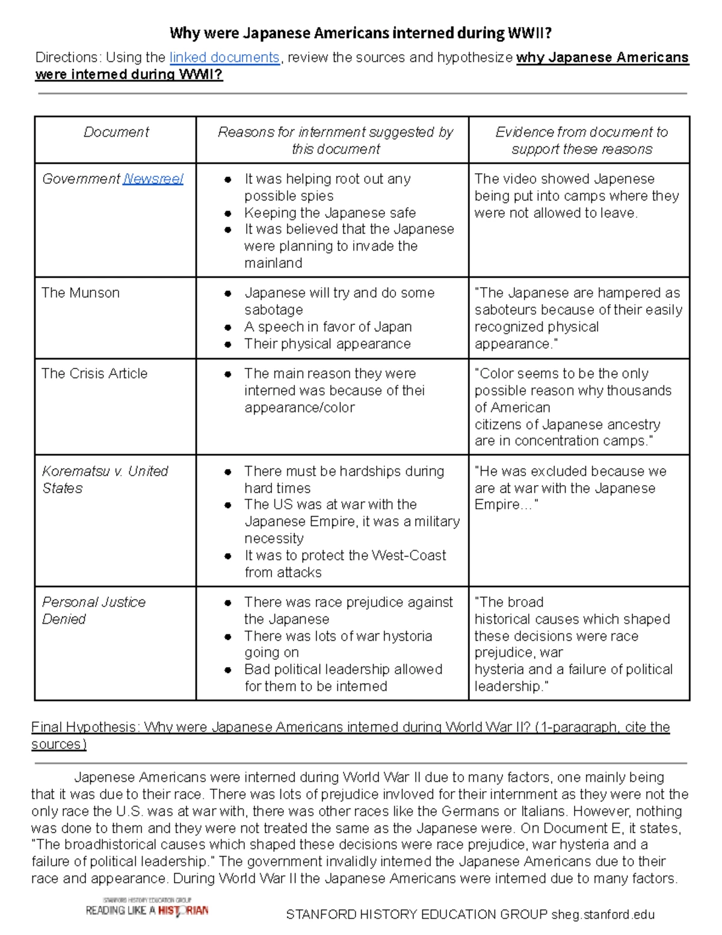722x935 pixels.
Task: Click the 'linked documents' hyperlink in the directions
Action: coord(224,58)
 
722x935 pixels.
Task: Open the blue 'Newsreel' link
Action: coord(153,179)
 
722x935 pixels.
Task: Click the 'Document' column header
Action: coord(116,132)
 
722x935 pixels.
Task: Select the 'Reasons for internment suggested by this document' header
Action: coord(335,140)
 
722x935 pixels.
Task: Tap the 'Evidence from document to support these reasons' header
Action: coord(581,140)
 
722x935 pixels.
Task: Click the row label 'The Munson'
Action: coord(81,293)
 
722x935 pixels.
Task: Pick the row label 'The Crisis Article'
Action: coord(94,374)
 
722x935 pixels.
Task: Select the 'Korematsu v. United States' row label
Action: coord(105,480)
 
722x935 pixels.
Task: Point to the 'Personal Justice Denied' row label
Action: coord(93,610)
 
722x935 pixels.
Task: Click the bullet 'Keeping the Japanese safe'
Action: coord(330,213)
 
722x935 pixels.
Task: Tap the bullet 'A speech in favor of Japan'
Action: coord(328,327)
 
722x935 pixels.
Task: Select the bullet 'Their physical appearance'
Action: coord(327,344)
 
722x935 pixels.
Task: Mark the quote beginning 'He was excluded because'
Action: coord(570,488)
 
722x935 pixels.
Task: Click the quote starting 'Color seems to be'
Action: coord(573,407)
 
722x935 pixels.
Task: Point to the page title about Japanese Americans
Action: coord(360,33)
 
